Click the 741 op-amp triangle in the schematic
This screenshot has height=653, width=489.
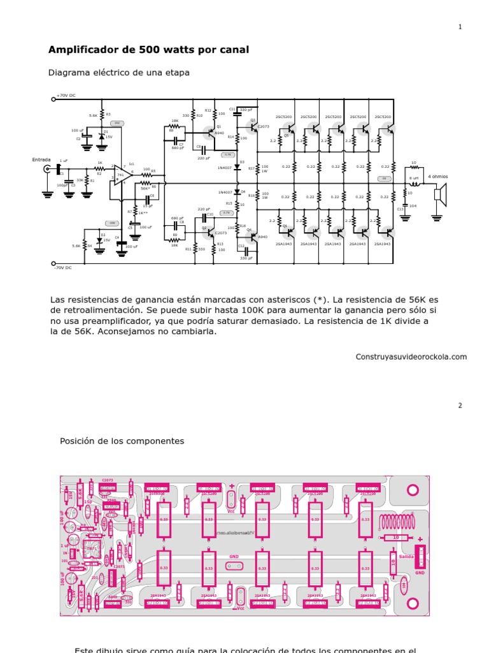coord(122,176)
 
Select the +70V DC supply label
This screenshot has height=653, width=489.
coord(66,96)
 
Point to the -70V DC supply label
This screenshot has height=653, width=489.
coord(62,268)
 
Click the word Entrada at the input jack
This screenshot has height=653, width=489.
coord(41,160)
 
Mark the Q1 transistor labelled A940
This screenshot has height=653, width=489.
coord(211,133)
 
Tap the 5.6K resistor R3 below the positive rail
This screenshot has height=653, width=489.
coord(102,115)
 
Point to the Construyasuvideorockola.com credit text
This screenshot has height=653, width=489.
coord(411,357)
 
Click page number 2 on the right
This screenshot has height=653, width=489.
coord(460,406)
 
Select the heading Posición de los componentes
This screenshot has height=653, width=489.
coord(122,441)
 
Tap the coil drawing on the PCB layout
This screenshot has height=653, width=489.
coord(397,523)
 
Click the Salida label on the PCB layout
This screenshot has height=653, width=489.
coord(406,557)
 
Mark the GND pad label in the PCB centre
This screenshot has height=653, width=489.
coord(234,557)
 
